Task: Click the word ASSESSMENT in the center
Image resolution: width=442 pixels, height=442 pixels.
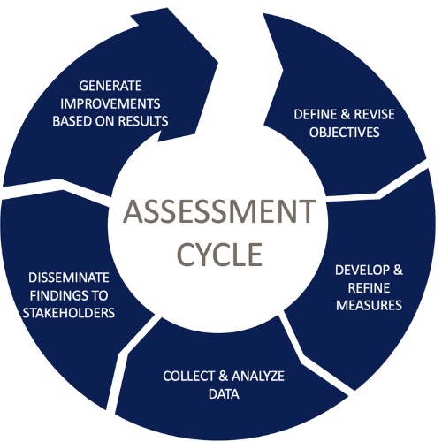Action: (219, 211)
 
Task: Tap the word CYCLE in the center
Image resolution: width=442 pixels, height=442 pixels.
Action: (219, 255)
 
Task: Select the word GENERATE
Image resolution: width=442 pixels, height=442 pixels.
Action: (110, 86)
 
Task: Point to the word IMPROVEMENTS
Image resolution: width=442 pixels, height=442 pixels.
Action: (110, 103)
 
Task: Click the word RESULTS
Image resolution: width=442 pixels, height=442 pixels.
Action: (144, 121)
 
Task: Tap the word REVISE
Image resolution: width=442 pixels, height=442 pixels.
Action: (375, 114)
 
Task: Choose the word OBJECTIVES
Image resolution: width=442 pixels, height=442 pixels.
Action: (345, 133)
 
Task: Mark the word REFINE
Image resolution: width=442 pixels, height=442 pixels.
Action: (369, 288)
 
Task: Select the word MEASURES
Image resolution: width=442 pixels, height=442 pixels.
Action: (369, 305)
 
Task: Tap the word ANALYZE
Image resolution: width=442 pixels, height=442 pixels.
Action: (258, 377)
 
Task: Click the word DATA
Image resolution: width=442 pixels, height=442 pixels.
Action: (224, 394)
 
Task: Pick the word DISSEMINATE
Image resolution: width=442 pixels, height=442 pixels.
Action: (69, 278)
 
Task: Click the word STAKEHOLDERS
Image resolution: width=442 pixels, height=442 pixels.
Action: (69, 313)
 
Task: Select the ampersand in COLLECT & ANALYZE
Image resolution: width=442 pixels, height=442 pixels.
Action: (224, 377)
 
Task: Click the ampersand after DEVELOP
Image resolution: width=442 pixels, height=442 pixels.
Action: (398, 271)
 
